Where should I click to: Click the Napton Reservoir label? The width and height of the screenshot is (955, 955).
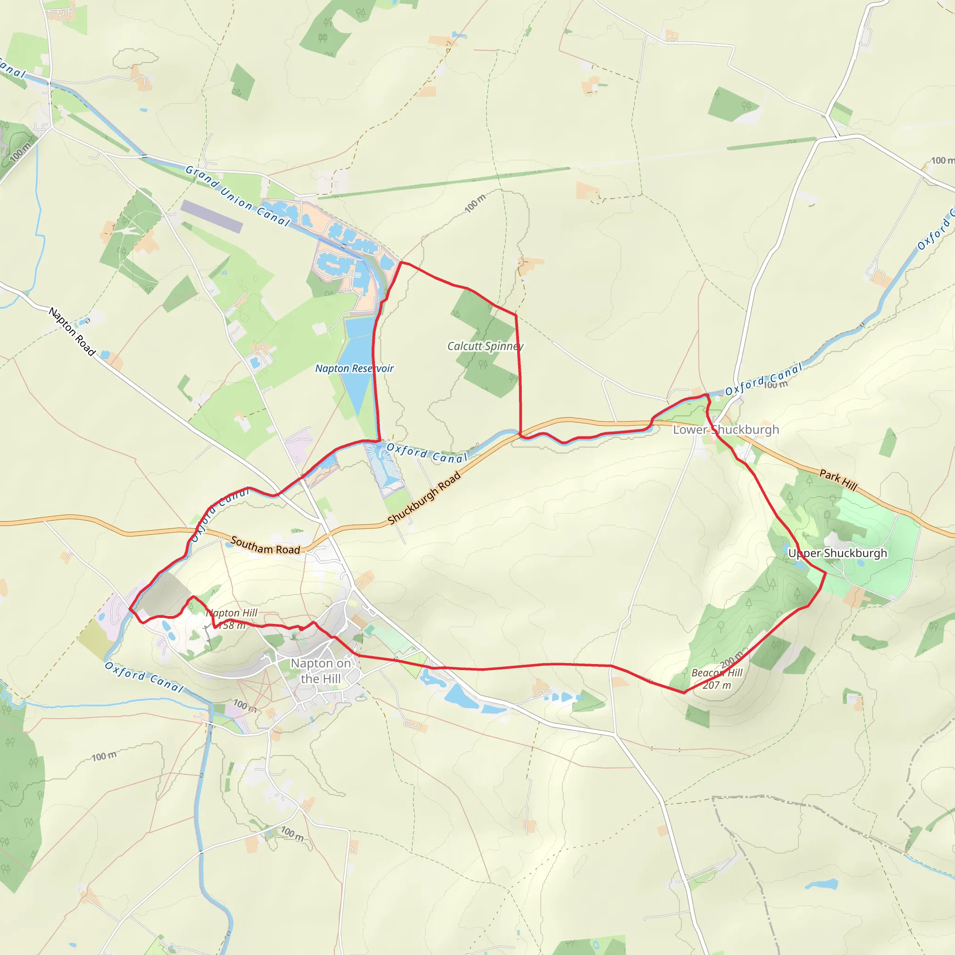354,368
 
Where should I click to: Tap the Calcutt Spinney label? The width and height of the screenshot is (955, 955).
485,346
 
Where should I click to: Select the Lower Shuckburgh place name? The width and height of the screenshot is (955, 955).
726,429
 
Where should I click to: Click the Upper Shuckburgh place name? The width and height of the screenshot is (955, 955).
837,553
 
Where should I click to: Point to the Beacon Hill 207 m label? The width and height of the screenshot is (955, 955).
716,678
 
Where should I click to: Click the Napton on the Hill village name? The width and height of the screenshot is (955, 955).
320,671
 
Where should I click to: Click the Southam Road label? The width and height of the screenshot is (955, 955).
265,546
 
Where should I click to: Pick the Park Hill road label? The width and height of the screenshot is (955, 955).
838,479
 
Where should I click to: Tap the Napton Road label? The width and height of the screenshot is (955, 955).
72,331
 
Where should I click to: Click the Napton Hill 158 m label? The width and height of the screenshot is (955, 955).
231,619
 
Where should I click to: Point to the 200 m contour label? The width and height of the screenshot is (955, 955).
731,659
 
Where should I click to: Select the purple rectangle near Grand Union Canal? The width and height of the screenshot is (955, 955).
212,216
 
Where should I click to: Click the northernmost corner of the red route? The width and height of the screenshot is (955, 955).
401,263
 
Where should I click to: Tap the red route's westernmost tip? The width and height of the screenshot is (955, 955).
130,609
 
